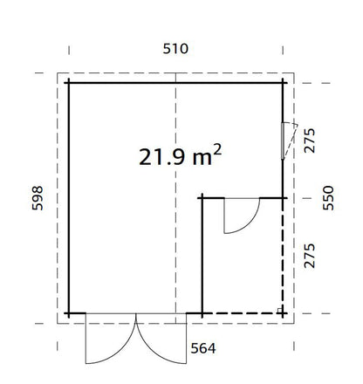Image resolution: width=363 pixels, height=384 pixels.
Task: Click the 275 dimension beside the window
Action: click(x=309, y=140)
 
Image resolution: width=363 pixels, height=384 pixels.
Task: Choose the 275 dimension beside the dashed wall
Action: click(x=309, y=256)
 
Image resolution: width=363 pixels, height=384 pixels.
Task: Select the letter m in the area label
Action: click(x=200, y=158)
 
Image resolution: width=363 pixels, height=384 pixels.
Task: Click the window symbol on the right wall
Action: click(x=284, y=140)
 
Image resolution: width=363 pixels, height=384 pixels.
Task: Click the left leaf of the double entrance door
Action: click(x=106, y=340)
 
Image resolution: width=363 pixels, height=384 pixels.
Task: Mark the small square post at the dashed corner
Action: click(x=279, y=310)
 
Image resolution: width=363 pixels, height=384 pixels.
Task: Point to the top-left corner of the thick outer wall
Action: click(x=69, y=83)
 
